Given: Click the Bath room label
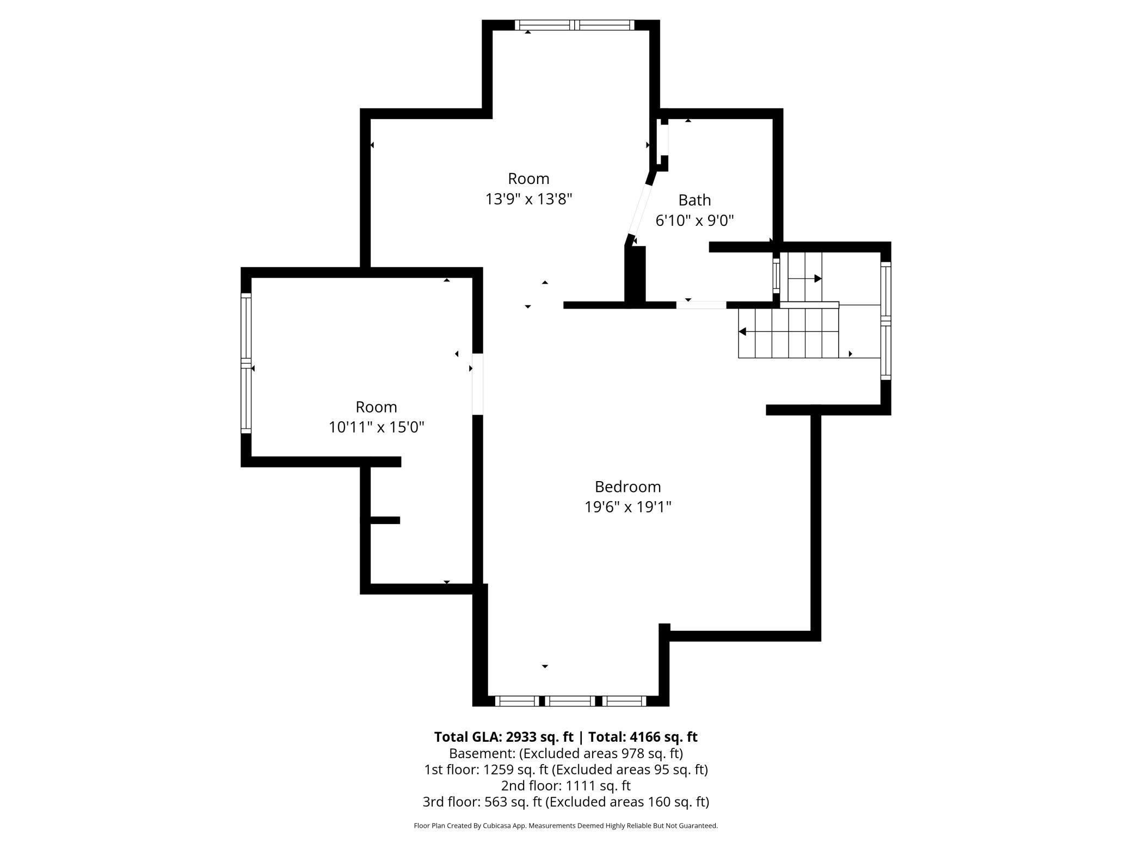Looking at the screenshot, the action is click(x=694, y=200).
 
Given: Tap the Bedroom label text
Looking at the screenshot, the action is click(x=627, y=487).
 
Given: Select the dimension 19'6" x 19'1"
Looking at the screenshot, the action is click(x=627, y=507).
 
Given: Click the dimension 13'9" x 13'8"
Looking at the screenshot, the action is click(x=528, y=199).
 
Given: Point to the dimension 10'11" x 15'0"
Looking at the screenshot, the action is click(x=376, y=427).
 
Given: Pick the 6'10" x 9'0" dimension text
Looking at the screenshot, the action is click(x=694, y=220).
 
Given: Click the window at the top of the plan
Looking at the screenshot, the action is click(x=575, y=25).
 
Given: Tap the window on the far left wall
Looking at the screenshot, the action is click(x=246, y=363).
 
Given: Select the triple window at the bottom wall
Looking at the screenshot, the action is click(x=570, y=701).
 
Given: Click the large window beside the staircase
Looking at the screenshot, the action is click(x=885, y=321).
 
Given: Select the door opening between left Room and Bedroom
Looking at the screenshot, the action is click(x=477, y=384).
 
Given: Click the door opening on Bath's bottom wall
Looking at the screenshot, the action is click(x=701, y=305).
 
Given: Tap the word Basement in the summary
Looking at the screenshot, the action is click(x=482, y=753).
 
